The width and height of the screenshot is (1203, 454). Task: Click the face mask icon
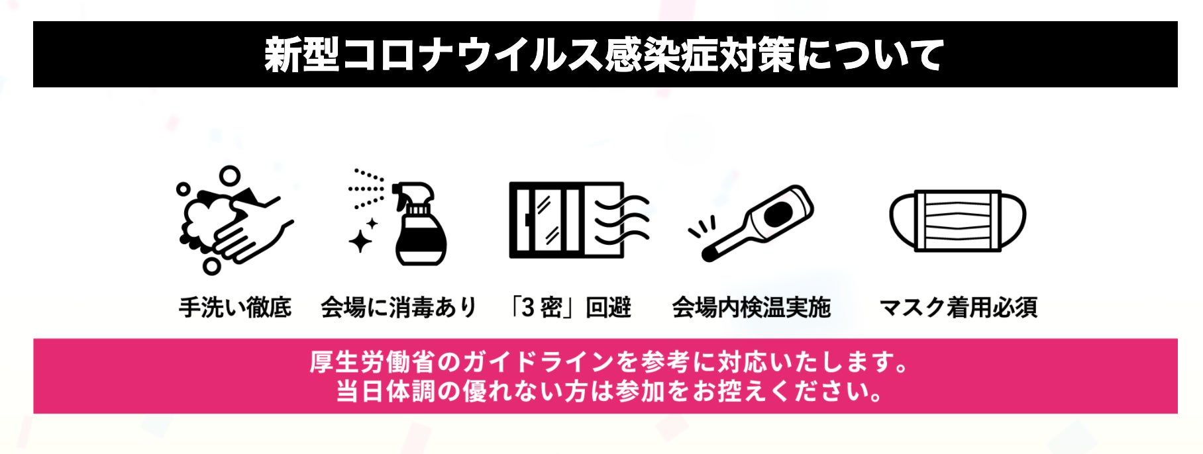click(957, 221)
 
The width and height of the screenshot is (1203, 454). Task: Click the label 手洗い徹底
click(235, 308)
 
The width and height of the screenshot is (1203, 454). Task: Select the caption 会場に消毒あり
click(399, 308)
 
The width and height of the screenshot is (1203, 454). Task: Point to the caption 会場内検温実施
click(751, 308)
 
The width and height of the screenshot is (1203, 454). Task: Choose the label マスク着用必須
click(958, 308)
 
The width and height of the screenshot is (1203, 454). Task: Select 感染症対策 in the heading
click(698, 55)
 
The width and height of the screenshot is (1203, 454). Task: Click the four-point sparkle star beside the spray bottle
click(361, 242)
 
